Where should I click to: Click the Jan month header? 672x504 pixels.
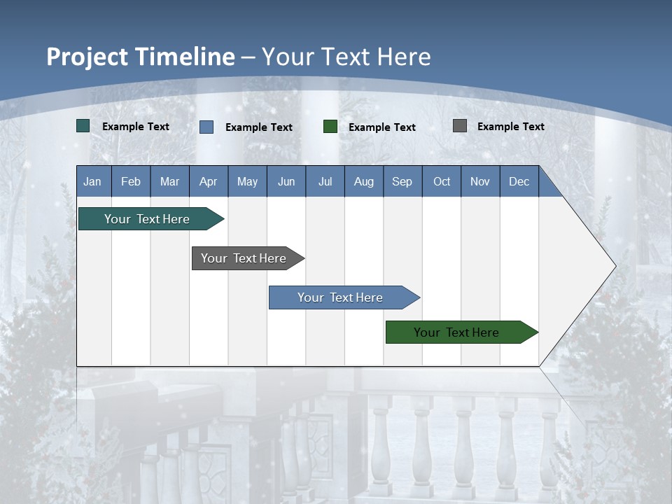tap(92, 181)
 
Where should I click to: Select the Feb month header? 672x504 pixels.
tap(131, 181)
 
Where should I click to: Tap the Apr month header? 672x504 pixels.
tap(209, 181)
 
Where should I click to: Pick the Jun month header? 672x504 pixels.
tap(286, 181)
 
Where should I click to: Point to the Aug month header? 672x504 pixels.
tap(364, 181)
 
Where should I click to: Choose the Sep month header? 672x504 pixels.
tap(402, 181)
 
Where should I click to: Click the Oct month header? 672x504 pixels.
tap(442, 181)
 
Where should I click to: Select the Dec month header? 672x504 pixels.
tap(519, 181)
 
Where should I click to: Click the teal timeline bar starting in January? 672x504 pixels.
tap(148, 219)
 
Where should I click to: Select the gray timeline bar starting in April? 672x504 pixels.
tap(244, 258)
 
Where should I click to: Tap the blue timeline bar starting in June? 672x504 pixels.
tap(341, 297)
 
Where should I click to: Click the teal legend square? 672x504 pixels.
tap(83, 126)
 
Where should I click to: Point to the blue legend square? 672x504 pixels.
tap(206, 127)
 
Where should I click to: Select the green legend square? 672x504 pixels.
tap(330, 127)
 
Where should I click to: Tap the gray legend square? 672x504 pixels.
tap(460, 126)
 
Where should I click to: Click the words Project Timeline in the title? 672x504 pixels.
tap(140, 57)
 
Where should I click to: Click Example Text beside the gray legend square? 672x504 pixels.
tap(510, 127)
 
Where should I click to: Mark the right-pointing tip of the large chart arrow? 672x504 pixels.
tap(615, 266)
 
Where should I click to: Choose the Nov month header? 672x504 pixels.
tap(480, 181)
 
